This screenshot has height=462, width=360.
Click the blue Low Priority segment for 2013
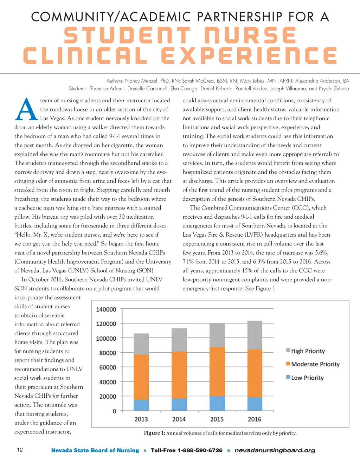pos(141,405)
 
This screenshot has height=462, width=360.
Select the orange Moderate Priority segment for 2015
pos(217,372)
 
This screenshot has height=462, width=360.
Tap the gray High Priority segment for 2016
pos(255,335)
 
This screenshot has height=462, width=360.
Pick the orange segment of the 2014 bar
pos(179,375)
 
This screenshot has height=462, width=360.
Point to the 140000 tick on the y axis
pos(106,309)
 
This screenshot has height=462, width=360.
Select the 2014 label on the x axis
pos(179,419)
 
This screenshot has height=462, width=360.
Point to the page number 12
pos(20,450)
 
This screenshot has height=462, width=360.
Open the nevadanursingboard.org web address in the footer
pos(275,450)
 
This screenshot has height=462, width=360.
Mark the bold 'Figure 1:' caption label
pos(154,433)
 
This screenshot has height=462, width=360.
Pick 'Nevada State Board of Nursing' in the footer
pos(95,450)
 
